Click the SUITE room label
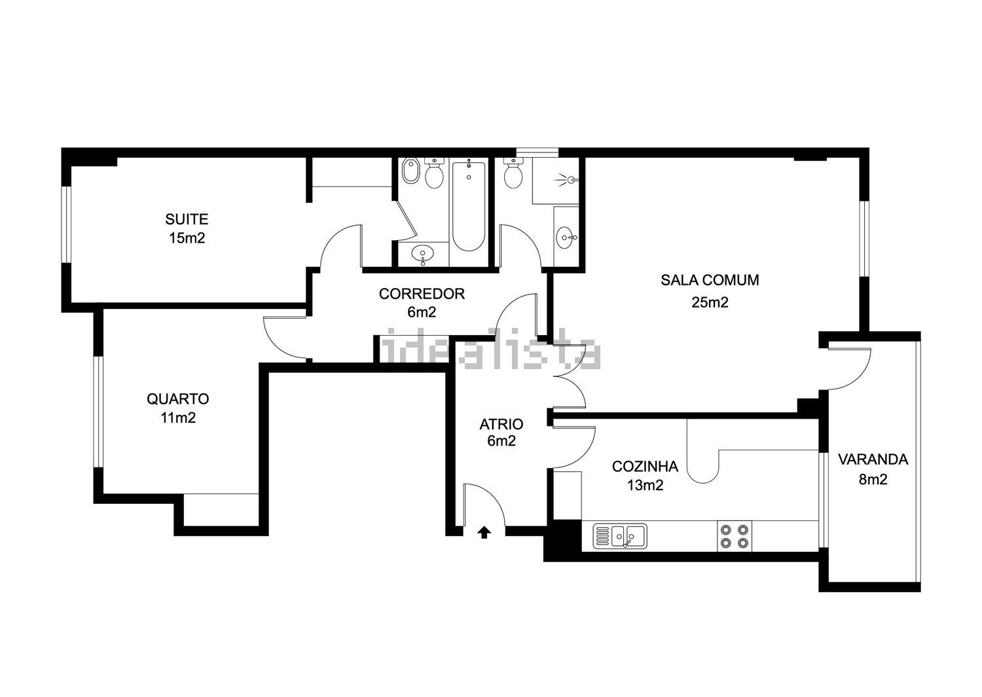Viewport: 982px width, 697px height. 187,219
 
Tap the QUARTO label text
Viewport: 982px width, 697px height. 177,399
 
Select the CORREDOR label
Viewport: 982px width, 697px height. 422,294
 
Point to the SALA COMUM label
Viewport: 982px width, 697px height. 710,280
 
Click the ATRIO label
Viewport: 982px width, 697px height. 501,424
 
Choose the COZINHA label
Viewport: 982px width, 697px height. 645,467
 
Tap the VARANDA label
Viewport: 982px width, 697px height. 873,459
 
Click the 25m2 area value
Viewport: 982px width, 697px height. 710,302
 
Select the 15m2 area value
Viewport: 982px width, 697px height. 187,238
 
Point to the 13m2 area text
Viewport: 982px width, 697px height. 645,485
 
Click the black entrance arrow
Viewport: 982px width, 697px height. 484,532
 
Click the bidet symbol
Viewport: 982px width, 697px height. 410,171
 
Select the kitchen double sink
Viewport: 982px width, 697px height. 620,536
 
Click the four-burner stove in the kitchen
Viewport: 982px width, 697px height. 735,536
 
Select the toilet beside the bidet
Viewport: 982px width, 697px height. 435,173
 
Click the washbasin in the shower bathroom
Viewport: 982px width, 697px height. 566,238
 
